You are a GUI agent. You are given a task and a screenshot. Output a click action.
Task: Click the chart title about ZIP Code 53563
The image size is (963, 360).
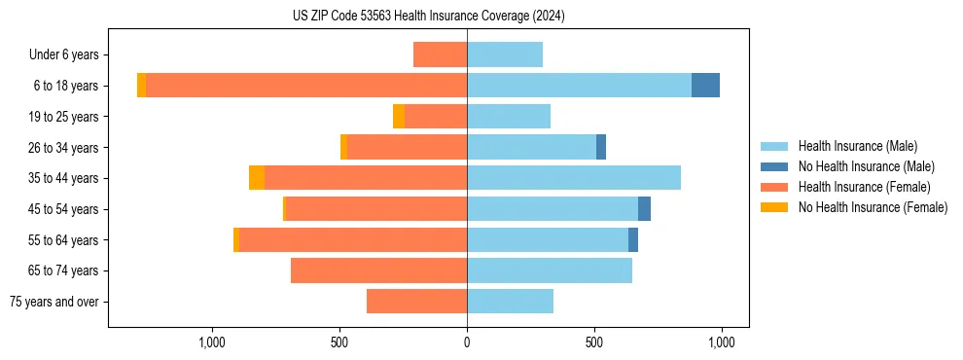[428, 17]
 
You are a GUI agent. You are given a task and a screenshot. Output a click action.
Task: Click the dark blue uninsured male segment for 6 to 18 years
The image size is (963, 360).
[705, 86]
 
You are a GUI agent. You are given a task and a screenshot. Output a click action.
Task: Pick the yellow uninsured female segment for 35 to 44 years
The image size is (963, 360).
[257, 178]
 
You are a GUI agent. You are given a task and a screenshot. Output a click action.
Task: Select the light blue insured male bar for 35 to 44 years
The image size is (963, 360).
[574, 178]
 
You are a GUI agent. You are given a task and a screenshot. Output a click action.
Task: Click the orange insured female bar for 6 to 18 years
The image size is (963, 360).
[306, 86]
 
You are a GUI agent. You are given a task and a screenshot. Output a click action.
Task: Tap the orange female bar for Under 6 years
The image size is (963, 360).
[440, 54]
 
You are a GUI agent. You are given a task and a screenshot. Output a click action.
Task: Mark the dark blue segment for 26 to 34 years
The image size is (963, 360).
[601, 147]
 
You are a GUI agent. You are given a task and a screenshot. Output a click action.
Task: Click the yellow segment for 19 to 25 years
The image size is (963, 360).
[399, 117]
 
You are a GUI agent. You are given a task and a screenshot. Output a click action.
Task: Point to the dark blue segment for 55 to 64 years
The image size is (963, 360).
[633, 239]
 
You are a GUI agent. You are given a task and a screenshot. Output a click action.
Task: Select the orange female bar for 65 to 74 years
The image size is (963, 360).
[378, 270]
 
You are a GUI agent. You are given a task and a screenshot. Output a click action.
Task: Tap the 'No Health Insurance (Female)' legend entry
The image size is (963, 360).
[873, 207]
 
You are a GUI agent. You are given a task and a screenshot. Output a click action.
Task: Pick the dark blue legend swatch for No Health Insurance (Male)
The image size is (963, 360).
[774, 166]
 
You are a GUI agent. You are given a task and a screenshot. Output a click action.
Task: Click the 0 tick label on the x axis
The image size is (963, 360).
[467, 342]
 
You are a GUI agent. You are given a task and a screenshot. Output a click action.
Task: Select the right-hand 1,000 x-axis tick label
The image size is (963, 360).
[721, 342]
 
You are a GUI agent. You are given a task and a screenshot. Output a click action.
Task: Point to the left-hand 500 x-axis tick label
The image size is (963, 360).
[339, 342]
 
